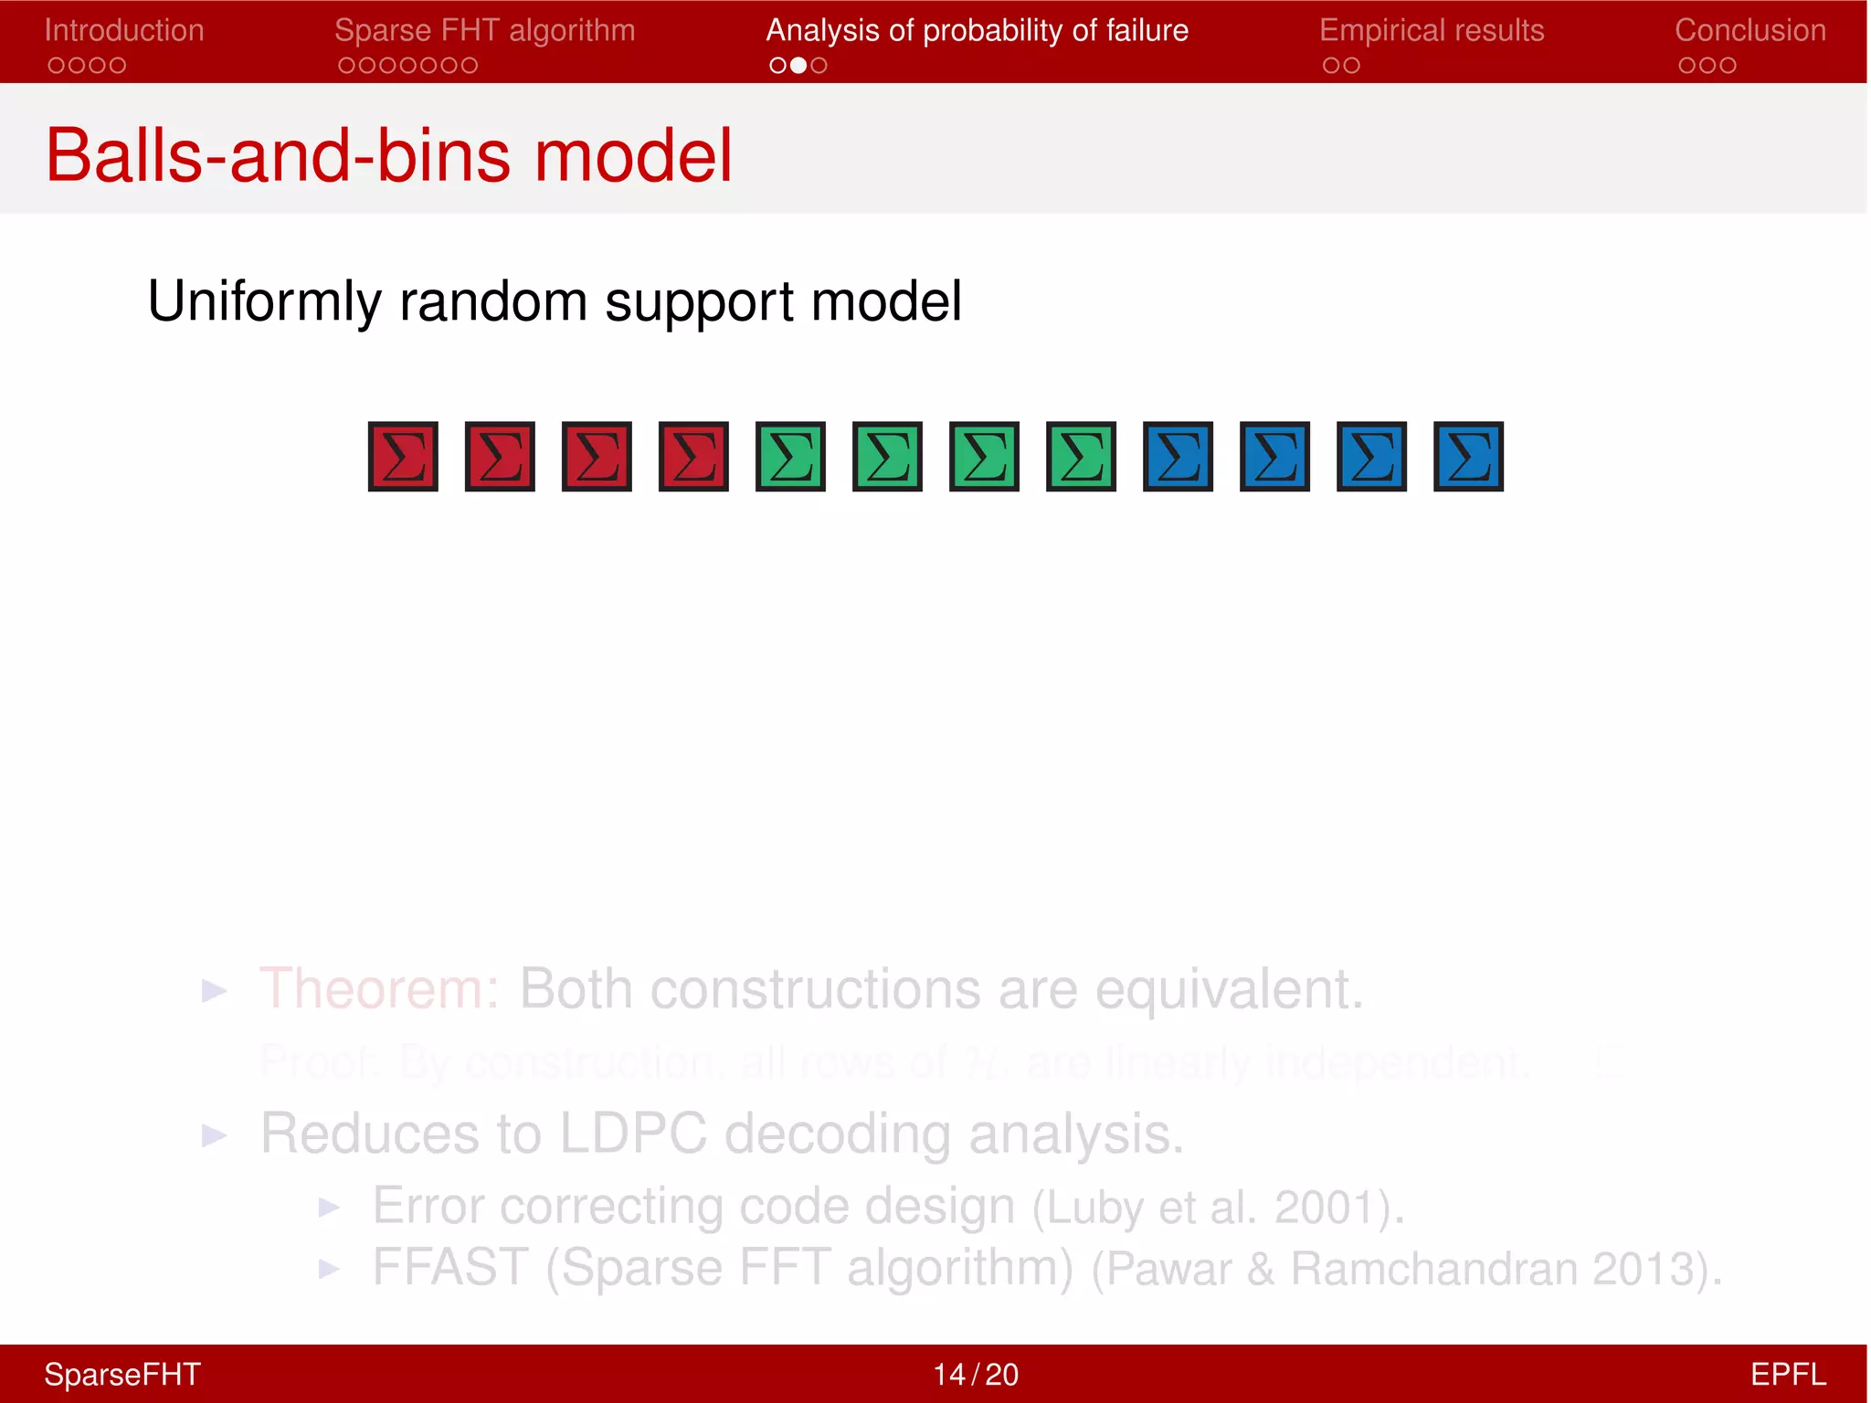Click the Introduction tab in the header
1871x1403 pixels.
[x=124, y=30]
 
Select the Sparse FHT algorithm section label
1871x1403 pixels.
[x=484, y=30]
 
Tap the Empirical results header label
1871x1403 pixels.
[x=1432, y=30]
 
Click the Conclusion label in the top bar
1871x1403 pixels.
[x=1749, y=30]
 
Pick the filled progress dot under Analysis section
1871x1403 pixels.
[x=798, y=65]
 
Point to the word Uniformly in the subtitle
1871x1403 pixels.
[x=265, y=301]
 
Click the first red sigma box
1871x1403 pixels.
[x=403, y=457]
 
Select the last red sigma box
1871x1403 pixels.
[x=693, y=457]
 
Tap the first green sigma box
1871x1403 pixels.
[x=790, y=457]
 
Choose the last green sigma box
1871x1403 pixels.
[x=1081, y=457]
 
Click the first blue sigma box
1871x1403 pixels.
[x=1178, y=457]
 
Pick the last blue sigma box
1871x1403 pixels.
[x=1468, y=457]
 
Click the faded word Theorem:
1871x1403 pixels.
[x=379, y=989]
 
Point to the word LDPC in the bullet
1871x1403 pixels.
[x=632, y=1134]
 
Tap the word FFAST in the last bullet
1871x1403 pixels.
[x=450, y=1268]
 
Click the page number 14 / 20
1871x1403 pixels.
[x=975, y=1374]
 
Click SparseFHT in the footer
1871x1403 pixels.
[x=122, y=1374]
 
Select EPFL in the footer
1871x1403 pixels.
[x=1787, y=1374]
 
